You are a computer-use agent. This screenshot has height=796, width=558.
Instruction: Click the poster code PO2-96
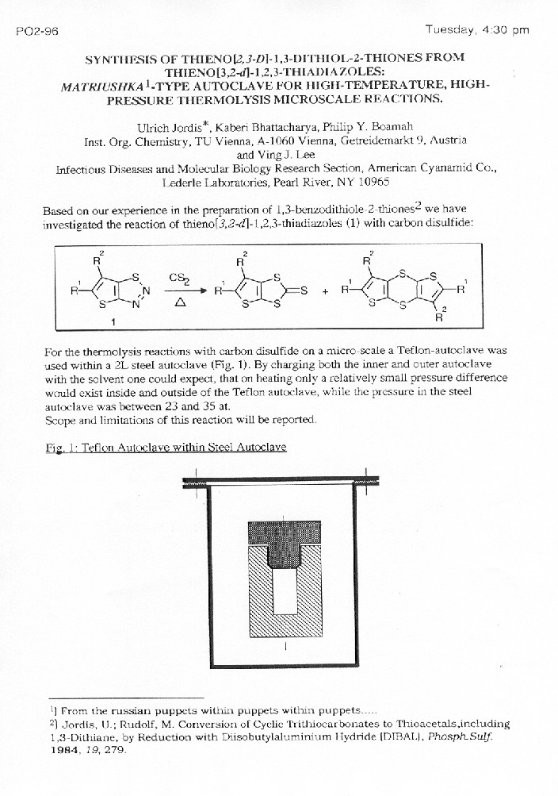[31, 31]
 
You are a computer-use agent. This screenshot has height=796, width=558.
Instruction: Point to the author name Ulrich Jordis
[181, 127]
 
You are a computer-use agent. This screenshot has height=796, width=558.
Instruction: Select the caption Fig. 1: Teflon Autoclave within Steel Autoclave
[166, 447]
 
